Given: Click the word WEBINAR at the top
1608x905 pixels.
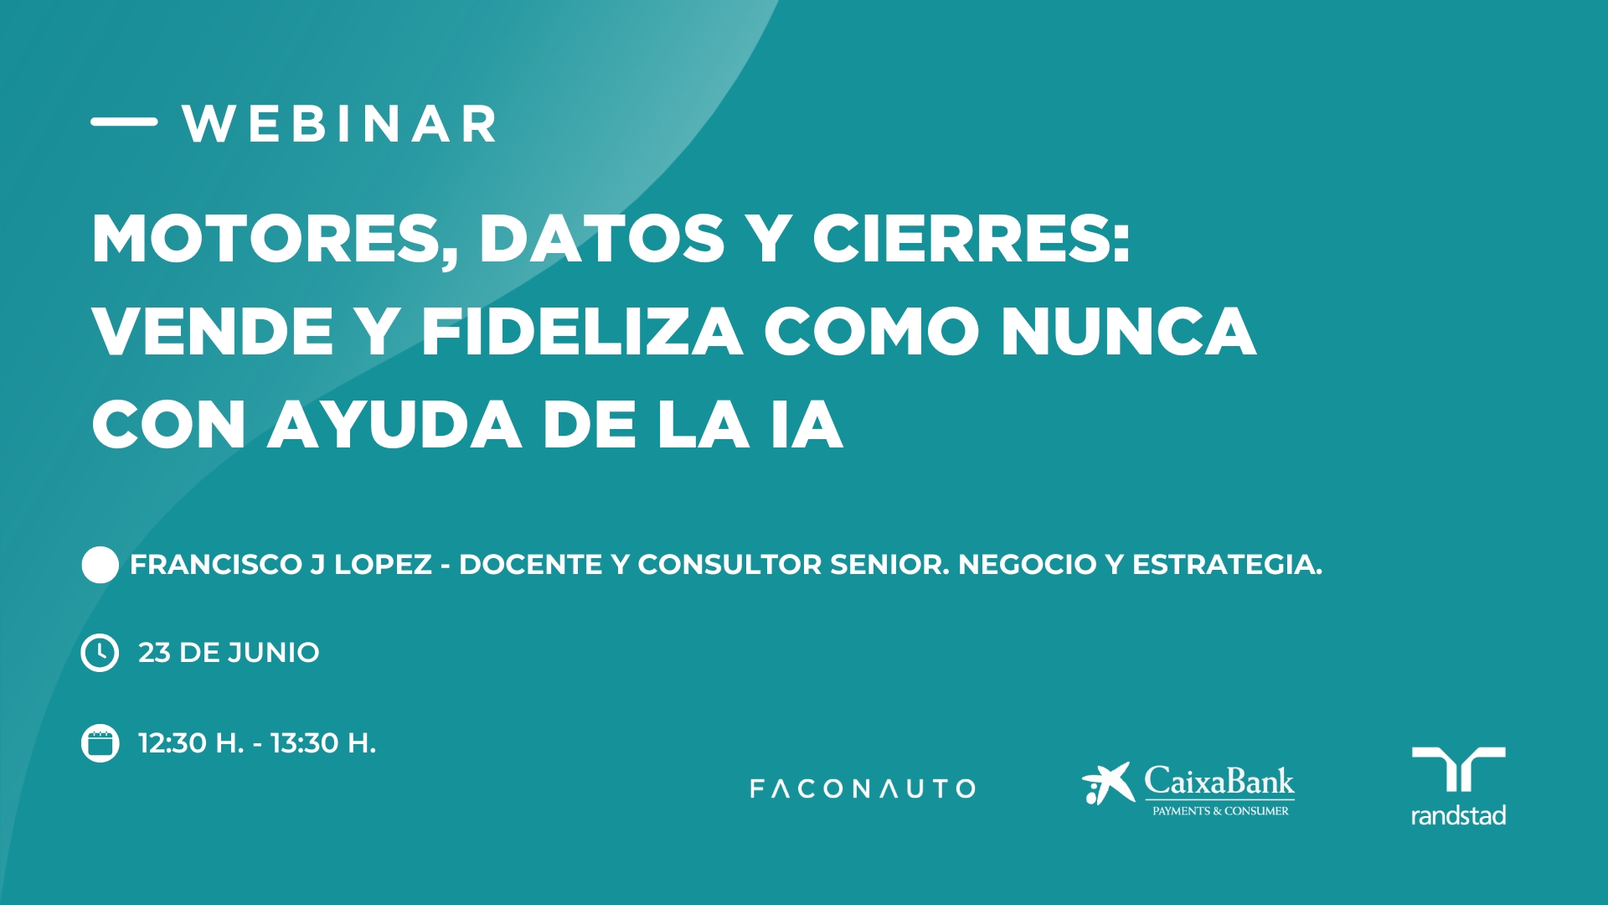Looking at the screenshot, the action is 339,125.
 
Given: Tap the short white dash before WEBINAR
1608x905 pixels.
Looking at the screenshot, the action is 124,122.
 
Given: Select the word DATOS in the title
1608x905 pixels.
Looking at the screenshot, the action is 601,239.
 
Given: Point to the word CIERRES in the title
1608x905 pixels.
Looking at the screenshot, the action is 971,239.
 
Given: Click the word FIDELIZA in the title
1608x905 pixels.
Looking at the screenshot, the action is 582,332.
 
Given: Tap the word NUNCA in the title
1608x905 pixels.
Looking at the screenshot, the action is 1129,332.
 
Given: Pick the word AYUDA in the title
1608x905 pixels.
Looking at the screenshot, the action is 394,425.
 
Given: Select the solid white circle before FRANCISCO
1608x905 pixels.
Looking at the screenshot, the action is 100,565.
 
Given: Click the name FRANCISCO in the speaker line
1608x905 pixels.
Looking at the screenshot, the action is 216,565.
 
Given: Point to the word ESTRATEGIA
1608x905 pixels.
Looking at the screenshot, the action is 1227,565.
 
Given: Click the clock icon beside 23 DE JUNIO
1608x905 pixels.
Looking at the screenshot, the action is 100,653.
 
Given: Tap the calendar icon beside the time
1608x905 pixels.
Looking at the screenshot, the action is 100,743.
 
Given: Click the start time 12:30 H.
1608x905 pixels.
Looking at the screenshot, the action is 191,743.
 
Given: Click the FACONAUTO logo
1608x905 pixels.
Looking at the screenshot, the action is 863,789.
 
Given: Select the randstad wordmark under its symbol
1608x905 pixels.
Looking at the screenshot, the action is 1458,815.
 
